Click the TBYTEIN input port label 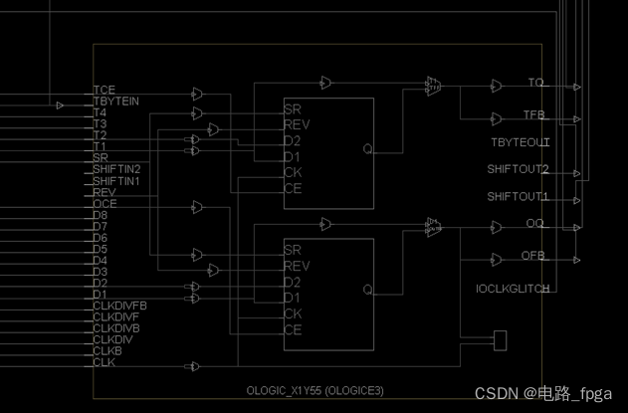(x=115, y=103)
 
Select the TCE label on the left (x=105, y=92)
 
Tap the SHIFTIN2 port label (x=116, y=170)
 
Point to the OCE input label (x=105, y=204)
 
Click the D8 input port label (x=101, y=215)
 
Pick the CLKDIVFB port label (x=119, y=306)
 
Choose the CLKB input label (x=107, y=350)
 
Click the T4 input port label (x=100, y=113)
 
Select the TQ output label (x=535, y=83)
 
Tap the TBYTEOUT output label (x=520, y=142)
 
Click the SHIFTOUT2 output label (x=518, y=170)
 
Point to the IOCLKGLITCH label (x=514, y=289)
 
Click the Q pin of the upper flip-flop (x=367, y=149)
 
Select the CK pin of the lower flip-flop (x=292, y=313)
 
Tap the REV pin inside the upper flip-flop (x=296, y=125)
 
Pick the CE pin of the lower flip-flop (x=292, y=329)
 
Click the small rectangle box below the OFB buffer (x=500, y=340)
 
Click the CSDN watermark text (x=542, y=394)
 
